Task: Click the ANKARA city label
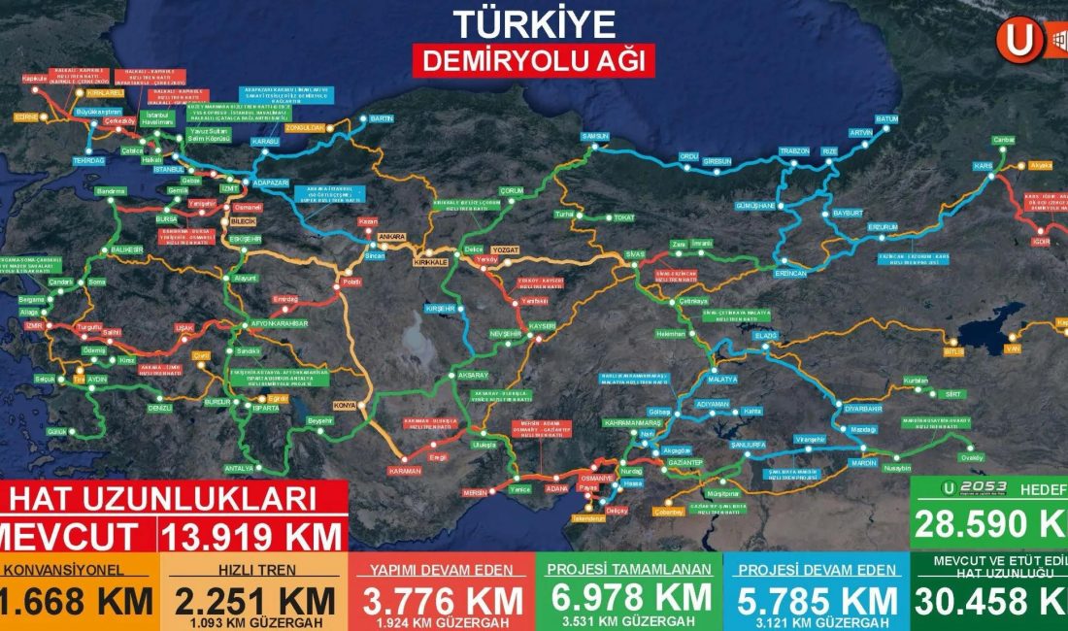391,237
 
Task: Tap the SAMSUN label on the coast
594,137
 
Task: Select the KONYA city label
343,405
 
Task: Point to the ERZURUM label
884,226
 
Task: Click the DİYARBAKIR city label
863,409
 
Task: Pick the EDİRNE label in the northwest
25,116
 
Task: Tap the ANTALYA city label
239,468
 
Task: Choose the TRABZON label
794,151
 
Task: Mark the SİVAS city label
635,253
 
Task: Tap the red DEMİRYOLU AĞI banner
533,60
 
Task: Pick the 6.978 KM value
628,597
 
